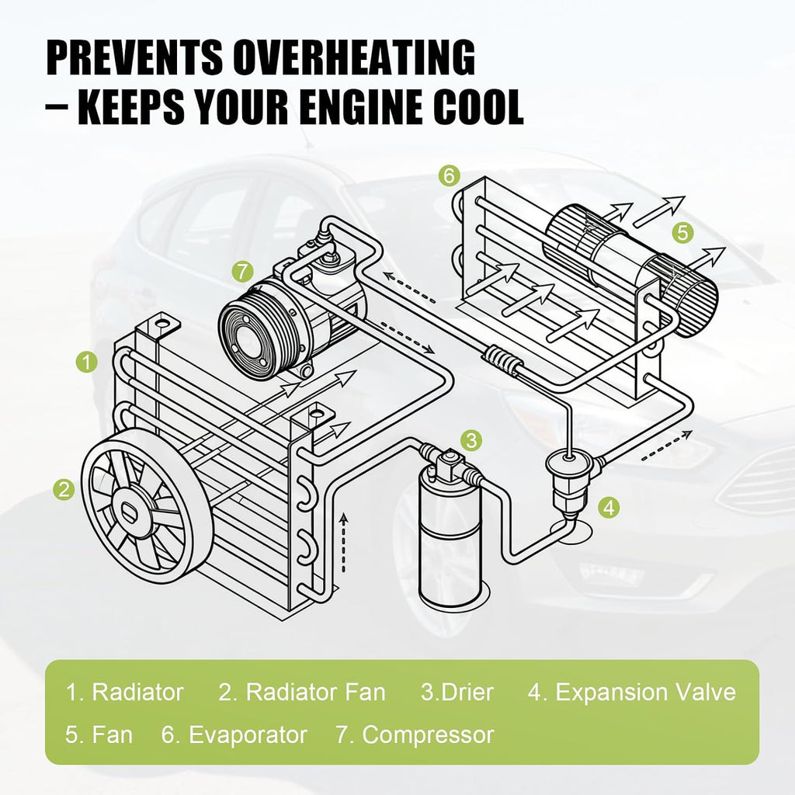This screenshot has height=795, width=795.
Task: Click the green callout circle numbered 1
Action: (x=88, y=363)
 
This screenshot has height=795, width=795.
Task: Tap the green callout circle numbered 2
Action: (x=64, y=490)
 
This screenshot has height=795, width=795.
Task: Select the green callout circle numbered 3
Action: (x=472, y=439)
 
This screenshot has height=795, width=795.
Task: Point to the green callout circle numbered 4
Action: (x=609, y=507)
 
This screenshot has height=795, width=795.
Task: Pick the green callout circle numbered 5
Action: (x=683, y=233)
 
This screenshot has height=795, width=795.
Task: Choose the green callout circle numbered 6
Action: (x=450, y=176)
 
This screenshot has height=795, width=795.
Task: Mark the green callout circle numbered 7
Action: (x=243, y=271)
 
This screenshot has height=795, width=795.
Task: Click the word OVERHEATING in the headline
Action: (x=354, y=57)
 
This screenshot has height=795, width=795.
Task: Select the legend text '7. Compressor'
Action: (x=415, y=734)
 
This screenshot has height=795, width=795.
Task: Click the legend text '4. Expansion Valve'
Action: (x=632, y=692)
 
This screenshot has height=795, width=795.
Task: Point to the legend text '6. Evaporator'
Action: (x=234, y=734)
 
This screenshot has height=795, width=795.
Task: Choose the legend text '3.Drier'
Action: (x=457, y=692)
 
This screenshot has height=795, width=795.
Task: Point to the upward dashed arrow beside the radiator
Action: (x=344, y=543)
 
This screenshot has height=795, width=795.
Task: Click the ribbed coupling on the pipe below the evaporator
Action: (x=502, y=358)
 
